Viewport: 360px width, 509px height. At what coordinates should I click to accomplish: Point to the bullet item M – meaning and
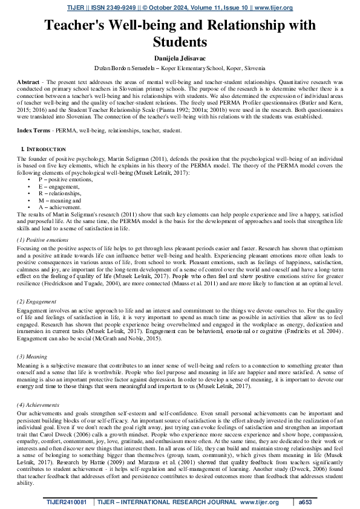60,199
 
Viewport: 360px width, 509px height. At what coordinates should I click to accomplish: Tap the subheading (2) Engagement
38,302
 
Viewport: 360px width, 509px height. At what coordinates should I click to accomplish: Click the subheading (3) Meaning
34,357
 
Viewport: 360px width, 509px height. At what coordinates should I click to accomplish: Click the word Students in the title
180,42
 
